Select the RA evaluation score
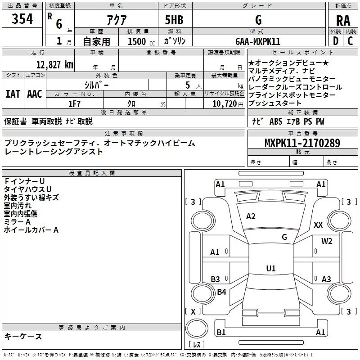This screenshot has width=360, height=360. pos(343,21)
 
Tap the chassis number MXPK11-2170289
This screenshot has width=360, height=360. pos(302,144)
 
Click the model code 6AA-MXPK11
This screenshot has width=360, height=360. pos(258,41)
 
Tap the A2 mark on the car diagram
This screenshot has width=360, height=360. pos(251,216)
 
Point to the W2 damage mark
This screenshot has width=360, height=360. pos(327,241)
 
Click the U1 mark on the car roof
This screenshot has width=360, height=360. pos(271,268)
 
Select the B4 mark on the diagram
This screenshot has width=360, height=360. pos(221,292)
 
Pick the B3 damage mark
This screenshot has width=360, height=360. pos(216,279)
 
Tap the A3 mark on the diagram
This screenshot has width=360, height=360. pos(327,279)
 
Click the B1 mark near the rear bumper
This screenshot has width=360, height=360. pos(221,332)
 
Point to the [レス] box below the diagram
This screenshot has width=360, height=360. pos(196,345)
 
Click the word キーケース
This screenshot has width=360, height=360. pos(23,337)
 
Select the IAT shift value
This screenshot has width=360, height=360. pos(13,94)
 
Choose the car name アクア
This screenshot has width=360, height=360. pos(116,21)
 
